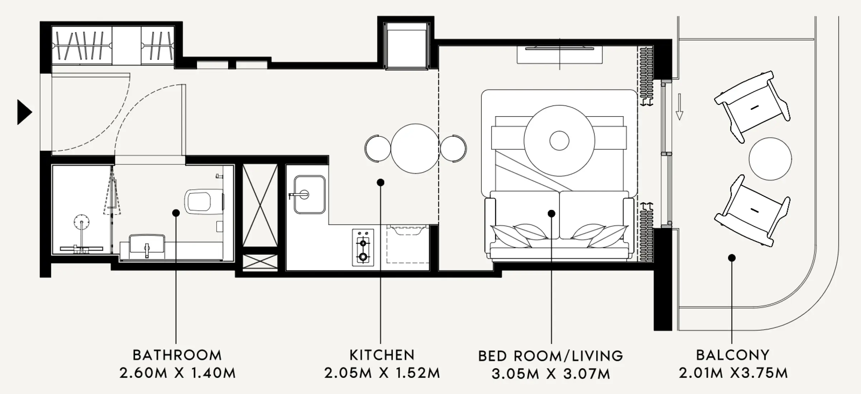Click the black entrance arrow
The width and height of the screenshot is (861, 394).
pos(24,112)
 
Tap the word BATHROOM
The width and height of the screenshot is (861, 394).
pos(177,355)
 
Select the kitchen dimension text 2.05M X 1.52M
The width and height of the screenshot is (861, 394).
pos(382,373)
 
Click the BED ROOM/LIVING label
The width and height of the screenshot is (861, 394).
pos(551,356)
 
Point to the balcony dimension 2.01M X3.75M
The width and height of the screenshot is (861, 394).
pos(733,373)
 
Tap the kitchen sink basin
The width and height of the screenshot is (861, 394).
pos(309,194)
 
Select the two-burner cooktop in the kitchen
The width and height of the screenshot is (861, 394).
pos(363,248)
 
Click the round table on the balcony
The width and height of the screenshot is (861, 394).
pos(770,159)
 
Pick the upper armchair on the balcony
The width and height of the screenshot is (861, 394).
pos(752,107)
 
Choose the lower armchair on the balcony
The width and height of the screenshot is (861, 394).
pos(752,211)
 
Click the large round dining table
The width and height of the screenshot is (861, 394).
pos(415,148)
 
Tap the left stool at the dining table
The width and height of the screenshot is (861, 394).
pos(378,148)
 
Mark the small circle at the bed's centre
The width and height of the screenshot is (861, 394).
pos(559,140)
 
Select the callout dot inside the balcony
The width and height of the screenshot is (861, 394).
pos(732,258)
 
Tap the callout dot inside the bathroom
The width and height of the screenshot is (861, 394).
pos(176,213)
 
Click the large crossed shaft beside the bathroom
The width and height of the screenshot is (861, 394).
pos(260,205)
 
